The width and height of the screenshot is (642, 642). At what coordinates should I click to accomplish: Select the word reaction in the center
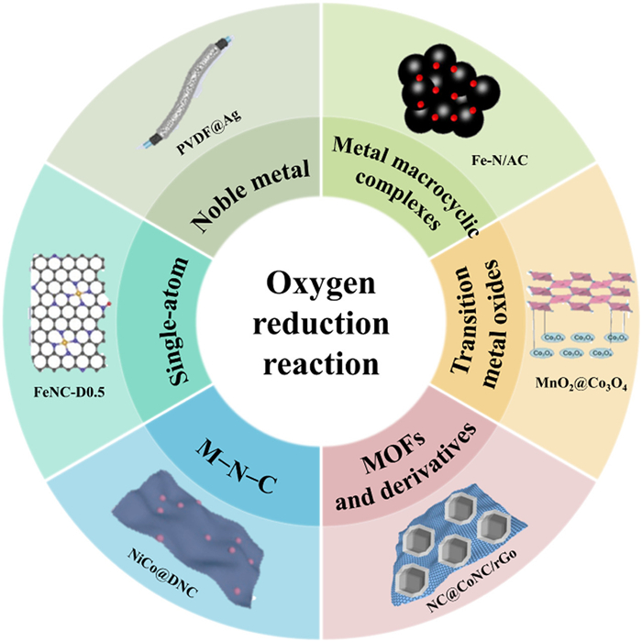click(321, 363)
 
